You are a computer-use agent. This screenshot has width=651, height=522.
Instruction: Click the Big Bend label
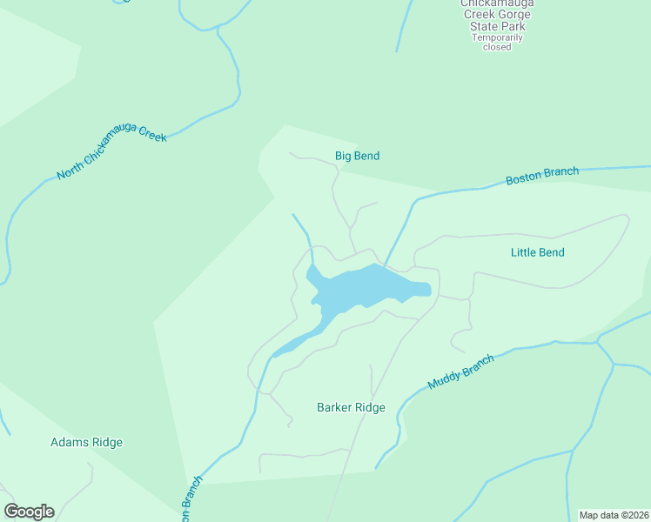357,157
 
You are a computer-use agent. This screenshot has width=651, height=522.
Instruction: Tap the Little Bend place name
537,253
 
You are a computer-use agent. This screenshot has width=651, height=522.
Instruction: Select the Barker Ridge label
351,408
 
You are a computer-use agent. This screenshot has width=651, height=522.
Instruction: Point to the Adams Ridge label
86,443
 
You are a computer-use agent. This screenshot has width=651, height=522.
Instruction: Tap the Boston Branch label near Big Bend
541,177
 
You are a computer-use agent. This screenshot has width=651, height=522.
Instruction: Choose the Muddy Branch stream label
460,372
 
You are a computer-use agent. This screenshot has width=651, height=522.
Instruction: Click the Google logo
29,512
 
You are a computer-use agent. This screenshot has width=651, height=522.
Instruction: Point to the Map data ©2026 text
614,515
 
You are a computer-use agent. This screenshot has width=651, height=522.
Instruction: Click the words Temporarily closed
497,42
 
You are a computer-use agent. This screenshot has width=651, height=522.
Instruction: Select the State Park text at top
498,26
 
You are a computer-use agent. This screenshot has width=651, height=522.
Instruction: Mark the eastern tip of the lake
424,290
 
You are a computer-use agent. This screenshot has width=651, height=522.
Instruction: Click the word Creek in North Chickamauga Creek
146,140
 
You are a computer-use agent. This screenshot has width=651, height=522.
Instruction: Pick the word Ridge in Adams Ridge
104,443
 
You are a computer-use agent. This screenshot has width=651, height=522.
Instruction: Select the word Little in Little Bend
523,253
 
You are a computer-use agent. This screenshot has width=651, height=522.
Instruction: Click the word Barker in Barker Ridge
333,408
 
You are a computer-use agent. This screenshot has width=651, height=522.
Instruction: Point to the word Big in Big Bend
344,157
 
